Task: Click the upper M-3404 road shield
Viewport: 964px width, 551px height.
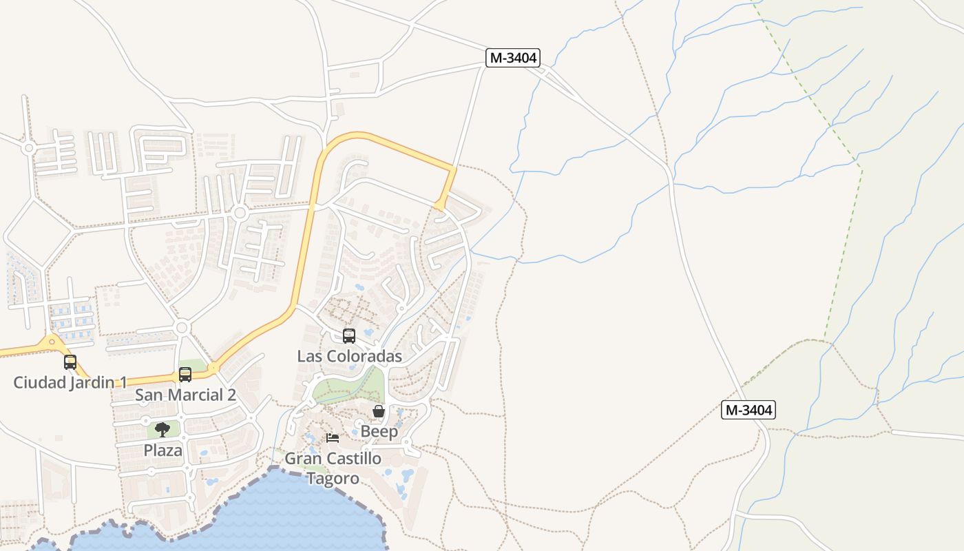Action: click(x=512, y=58)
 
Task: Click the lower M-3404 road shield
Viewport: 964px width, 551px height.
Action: click(x=748, y=410)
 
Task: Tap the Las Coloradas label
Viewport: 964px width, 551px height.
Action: click(x=349, y=356)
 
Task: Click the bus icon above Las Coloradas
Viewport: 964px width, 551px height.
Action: click(x=349, y=336)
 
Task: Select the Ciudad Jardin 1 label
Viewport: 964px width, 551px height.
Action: click(x=70, y=382)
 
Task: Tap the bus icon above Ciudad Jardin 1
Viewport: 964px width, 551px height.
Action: click(x=70, y=362)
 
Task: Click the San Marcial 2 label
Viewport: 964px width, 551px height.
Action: click(x=185, y=395)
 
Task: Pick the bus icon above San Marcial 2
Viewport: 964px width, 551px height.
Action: click(x=185, y=375)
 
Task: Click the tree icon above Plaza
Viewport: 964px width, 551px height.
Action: click(x=163, y=430)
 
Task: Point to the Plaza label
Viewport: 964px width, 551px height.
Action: click(x=163, y=450)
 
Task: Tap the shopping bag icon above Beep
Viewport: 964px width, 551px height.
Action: click(x=379, y=412)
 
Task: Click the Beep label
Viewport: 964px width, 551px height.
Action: click(x=379, y=432)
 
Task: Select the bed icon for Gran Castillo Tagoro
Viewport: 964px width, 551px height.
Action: click(x=333, y=438)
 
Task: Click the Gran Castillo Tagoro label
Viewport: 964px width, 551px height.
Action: click(x=333, y=468)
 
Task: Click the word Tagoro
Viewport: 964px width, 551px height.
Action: click(x=333, y=479)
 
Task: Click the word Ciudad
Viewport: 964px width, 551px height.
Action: click(x=40, y=382)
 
